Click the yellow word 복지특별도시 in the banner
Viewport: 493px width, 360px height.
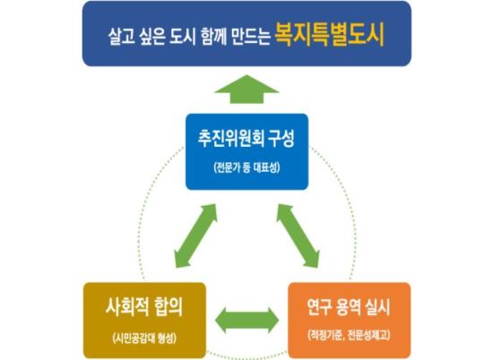click(x=330, y=35)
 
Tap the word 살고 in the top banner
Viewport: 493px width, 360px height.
click(x=121, y=37)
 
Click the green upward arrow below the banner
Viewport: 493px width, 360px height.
click(x=246, y=90)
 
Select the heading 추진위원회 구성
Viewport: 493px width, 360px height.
click(x=246, y=139)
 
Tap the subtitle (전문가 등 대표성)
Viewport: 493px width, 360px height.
click(x=246, y=167)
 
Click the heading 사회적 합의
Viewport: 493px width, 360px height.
click(x=144, y=306)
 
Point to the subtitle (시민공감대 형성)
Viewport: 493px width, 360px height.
click(x=144, y=338)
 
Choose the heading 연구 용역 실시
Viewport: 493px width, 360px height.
click(x=349, y=307)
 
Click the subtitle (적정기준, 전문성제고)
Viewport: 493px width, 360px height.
click(x=349, y=335)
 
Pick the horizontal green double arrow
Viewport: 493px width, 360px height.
click(x=246, y=320)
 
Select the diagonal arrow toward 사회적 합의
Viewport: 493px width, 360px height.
click(x=196, y=236)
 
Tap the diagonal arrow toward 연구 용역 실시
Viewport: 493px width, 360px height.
click(x=298, y=236)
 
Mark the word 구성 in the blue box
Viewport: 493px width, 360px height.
click(x=281, y=139)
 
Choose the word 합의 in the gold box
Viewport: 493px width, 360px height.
click(x=169, y=306)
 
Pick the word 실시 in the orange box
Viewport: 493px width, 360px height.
click(x=377, y=307)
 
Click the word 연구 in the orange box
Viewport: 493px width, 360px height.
click(x=320, y=307)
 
